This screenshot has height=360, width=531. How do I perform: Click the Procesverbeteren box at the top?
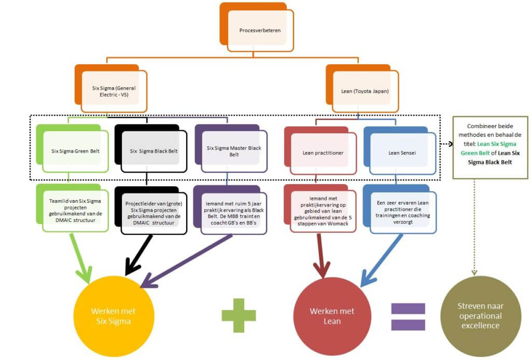click(260, 31)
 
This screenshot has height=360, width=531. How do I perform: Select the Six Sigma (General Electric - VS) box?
click(114, 91)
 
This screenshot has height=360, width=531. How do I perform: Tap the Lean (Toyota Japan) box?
click(365, 91)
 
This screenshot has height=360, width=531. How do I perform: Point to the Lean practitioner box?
click(323, 153)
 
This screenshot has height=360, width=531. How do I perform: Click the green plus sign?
click(239, 314)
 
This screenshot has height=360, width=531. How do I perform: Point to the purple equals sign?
click(408, 316)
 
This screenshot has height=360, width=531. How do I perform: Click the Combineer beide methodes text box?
click(490, 148)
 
